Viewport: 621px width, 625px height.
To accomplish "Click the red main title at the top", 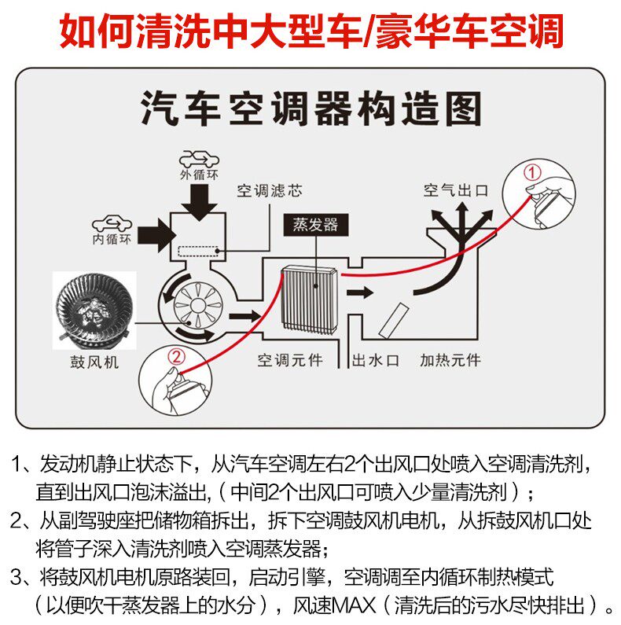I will tap(310, 32).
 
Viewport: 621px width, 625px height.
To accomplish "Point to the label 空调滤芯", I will tap(270, 191).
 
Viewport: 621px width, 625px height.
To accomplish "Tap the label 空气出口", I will tap(456, 191).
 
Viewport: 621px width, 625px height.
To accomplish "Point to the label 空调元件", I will tap(290, 360).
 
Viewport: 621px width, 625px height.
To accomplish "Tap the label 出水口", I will tap(375, 360).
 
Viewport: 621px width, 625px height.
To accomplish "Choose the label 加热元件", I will tap(450, 360).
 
